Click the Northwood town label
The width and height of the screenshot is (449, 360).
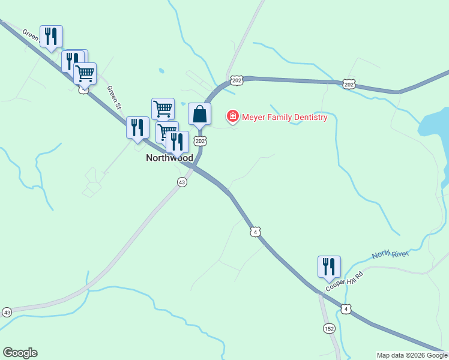(x=170, y=158)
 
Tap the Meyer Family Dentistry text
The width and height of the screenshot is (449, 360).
(x=285, y=117)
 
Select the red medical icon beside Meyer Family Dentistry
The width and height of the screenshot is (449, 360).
(x=232, y=116)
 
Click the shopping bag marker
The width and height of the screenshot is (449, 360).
(x=199, y=113)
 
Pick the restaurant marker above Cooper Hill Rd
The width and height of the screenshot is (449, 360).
(x=329, y=268)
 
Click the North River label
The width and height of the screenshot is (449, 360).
(x=390, y=255)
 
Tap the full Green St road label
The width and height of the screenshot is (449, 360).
(x=114, y=97)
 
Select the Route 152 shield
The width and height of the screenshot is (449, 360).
(x=329, y=328)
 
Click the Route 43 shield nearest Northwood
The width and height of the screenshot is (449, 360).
(x=182, y=182)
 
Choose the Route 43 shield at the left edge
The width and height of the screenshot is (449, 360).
(x=7, y=313)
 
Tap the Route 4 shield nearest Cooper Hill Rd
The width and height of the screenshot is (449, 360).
(x=346, y=309)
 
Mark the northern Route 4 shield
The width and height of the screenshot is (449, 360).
(x=256, y=232)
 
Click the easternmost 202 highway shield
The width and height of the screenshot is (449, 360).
(x=349, y=85)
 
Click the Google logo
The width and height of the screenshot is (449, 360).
(x=20, y=353)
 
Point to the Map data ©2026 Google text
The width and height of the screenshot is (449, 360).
(x=412, y=355)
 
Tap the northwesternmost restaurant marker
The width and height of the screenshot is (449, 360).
(x=51, y=37)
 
